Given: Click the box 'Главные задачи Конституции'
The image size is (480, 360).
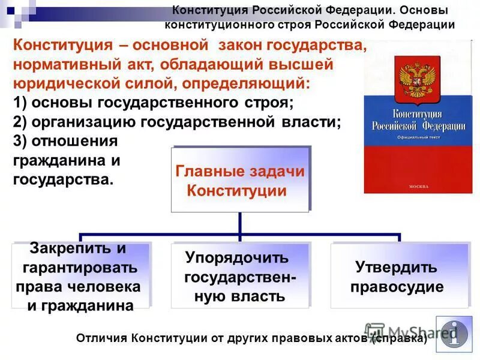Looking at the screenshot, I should coord(240,180).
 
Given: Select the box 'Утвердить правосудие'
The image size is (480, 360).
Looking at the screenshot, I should coord(397,277).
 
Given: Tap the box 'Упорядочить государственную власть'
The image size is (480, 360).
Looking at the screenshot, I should coord(240,277).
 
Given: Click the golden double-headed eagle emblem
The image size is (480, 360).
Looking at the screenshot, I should coord(412,80).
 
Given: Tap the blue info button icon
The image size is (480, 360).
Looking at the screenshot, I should coord(454,334).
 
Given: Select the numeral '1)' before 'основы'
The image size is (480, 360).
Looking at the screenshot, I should coord(21,103).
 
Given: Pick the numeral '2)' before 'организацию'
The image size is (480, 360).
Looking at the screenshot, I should coord(21,122).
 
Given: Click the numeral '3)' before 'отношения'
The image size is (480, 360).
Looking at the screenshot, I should coord(21,141).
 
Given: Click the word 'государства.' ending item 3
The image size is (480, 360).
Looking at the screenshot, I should coord(63,179).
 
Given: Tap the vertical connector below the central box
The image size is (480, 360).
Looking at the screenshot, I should coord(240,223).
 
